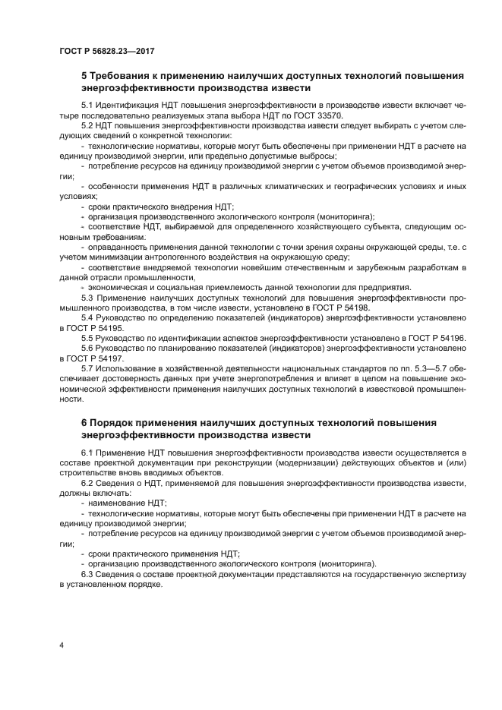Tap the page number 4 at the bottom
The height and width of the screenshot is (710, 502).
(62, 645)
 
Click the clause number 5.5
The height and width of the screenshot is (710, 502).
(88, 337)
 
